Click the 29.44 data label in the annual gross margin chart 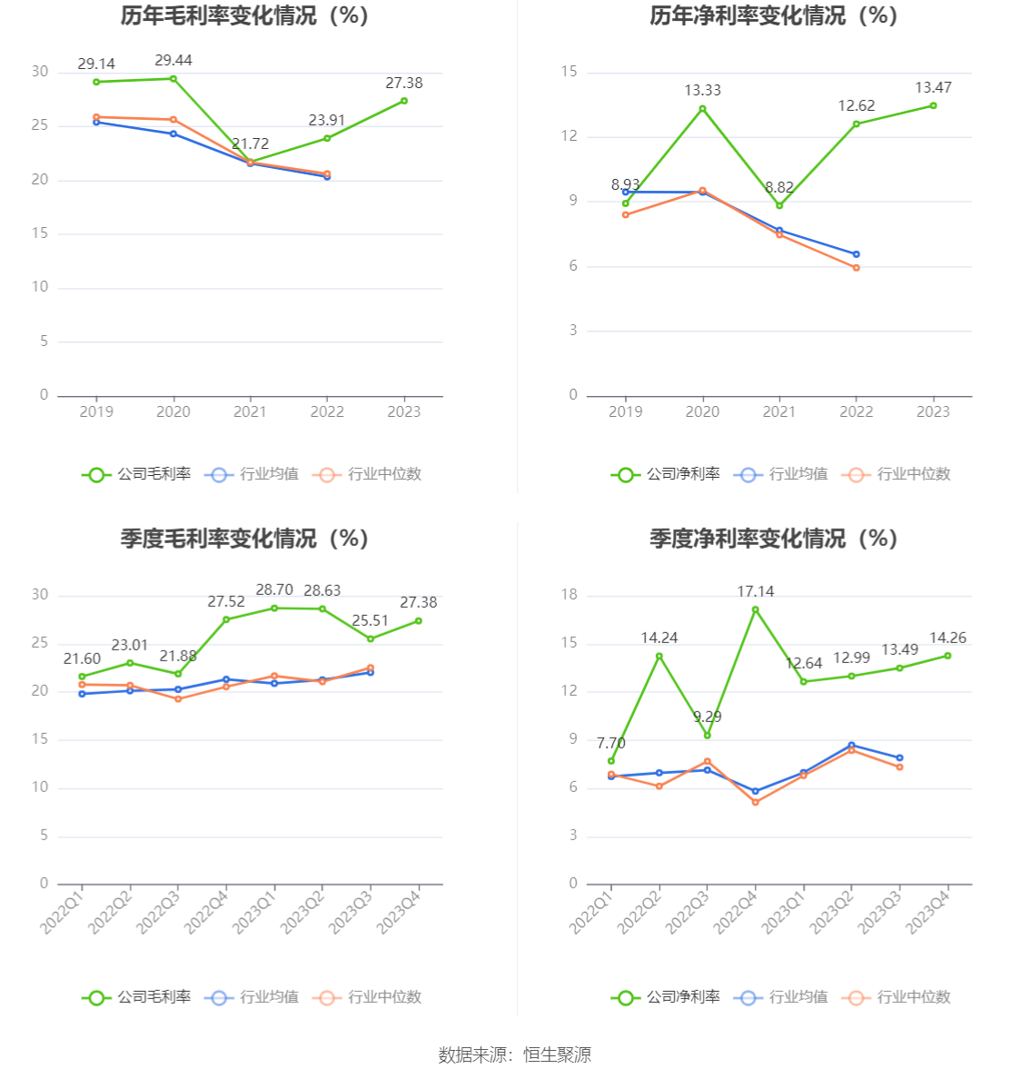[173, 61]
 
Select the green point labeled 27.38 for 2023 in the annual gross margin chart [404, 101]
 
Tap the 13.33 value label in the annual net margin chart [702, 91]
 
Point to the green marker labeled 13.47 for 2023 [933, 106]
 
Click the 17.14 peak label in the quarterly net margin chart [755, 592]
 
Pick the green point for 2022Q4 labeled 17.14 [755, 609]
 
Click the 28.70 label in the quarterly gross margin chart [274, 590]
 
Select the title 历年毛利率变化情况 [244, 16]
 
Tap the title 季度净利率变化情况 [773, 539]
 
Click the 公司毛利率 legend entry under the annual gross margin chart [137, 474]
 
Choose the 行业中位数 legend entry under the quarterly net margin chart [897, 997]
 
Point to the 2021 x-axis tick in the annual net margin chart [779, 412]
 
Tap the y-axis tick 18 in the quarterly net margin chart [569, 596]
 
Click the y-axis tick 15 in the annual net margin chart [569, 72]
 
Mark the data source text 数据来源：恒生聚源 [515, 1054]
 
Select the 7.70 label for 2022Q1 [611, 744]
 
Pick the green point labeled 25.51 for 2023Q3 [371, 638]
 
